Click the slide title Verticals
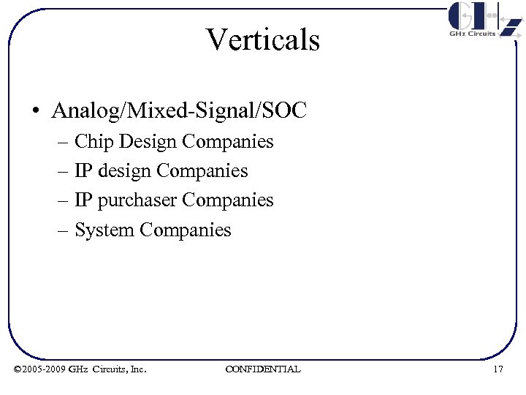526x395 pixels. pos(263,39)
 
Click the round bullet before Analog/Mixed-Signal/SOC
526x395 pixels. pos(36,112)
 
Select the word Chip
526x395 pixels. pos(90,141)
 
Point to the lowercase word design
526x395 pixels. pos(123,171)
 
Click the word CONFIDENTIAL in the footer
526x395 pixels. pos(263,369)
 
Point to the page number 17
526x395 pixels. pos(498,369)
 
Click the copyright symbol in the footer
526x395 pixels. pos(18,369)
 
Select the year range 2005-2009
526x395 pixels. pos(45,369)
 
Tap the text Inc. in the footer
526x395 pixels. pos(137,369)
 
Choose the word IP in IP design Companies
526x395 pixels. pos(83,171)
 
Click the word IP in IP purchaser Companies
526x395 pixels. pos(83,200)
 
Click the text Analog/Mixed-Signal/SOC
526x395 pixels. pos(180,111)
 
